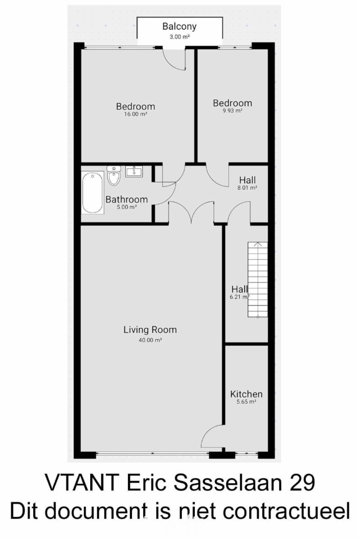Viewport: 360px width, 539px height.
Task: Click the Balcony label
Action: point(180,27)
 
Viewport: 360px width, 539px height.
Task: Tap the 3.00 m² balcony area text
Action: point(180,37)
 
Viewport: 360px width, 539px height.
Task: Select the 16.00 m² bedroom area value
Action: point(136,114)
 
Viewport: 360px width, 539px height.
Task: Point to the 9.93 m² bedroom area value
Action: point(233,110)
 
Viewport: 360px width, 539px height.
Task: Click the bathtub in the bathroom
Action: point(92,192)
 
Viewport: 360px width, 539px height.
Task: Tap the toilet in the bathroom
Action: point(114,176)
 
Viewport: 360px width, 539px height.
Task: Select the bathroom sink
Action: point(134,172)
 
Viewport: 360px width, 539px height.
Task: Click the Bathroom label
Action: point(127,199)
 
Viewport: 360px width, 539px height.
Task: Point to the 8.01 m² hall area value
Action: point(247,188)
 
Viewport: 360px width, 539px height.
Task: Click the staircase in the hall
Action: point(258,279)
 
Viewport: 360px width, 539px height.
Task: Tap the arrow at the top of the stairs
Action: point(258,244)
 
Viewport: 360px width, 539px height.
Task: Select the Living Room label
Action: point(150,330)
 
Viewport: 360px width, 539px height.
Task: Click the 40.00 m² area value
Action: point(150,340)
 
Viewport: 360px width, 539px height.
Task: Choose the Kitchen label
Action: point(246,394)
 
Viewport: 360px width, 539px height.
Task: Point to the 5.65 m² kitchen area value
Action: point(246,402)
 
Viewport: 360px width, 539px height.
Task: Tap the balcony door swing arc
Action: point(171,63)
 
